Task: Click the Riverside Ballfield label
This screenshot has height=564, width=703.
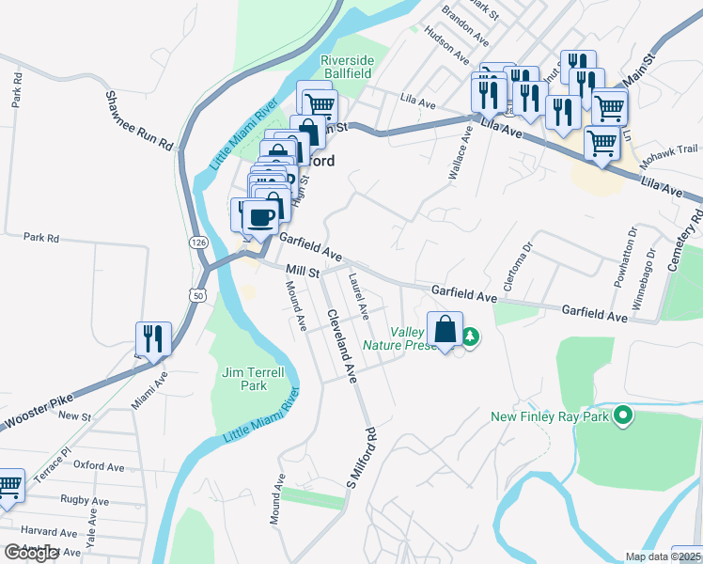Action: (348, 66)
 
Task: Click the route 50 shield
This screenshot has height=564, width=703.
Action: (196, 295)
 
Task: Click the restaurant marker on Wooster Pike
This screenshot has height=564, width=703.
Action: (151, 338)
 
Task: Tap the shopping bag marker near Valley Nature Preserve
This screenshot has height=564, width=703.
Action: (445, 330)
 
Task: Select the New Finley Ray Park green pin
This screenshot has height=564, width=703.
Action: (621, 415)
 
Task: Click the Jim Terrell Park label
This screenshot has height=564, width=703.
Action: (244, 379)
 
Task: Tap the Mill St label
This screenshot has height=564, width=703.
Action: (303, 272)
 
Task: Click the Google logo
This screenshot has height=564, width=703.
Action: (30, 553)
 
